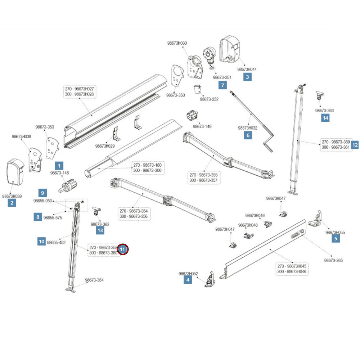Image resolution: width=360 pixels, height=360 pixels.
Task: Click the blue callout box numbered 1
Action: [x=59, y=166]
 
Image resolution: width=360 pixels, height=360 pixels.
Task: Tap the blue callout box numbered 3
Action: [x=247, y=76]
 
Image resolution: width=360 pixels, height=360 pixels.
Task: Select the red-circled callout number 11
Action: [x=123, y=249]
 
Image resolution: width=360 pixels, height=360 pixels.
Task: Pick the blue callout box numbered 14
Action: [x=325, y=118]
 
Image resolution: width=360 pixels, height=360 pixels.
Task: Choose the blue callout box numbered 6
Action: [x=247, y=135]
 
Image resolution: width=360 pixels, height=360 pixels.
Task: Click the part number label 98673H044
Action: [x=247, y=69]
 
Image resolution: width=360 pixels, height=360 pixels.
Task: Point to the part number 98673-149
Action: [x=202, y=126]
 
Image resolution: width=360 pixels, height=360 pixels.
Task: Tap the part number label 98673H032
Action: [x=248, y=128]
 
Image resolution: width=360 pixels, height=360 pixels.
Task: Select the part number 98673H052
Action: [x=188, y=274]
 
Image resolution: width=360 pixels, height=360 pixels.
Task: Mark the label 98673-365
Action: [x=333, y=260]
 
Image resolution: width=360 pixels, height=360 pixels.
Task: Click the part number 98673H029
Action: [x=105, y=146]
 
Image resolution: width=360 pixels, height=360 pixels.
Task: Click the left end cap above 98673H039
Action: [x=15, y=176]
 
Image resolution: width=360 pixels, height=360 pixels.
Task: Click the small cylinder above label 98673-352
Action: [x=197, y=89]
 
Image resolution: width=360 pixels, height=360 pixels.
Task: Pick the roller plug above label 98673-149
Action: [x=193, y=117]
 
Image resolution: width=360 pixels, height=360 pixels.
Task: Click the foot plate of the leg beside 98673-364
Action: [x=71, y=289]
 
